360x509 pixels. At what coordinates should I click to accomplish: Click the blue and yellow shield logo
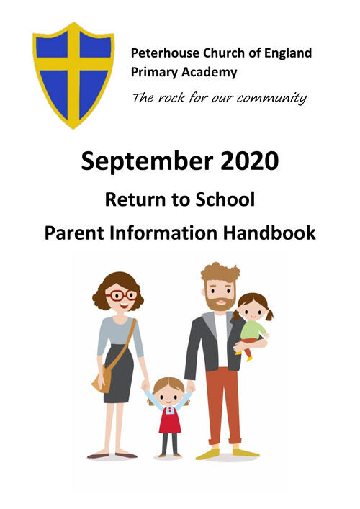point(73,76)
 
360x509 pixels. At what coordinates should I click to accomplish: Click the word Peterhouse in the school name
point(165,53)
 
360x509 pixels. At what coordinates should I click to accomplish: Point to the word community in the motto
point(271,98)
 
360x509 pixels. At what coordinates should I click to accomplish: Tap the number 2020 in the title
point(250,161)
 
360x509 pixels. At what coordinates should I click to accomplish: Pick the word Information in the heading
point(163,233)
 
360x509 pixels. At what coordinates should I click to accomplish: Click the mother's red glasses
point(122,295)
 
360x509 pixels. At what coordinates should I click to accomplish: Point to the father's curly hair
point(220,272)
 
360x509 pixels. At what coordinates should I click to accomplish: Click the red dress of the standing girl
point(170,420)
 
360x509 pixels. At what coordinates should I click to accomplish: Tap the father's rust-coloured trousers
point(223,406)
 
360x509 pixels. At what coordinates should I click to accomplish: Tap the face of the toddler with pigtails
point(253,310)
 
